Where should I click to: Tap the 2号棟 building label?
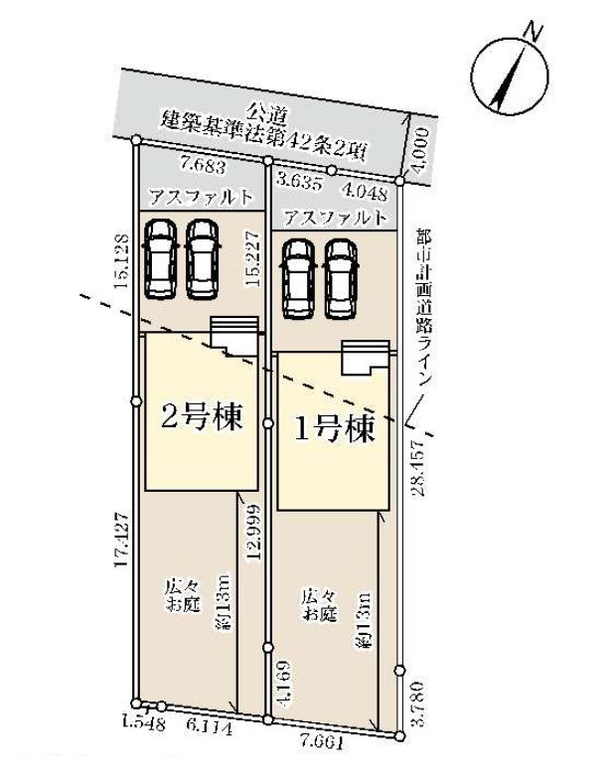[202, 416]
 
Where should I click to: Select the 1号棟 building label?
[335, 428]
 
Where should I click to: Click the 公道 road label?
[269, 113]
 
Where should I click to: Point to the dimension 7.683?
[204, 167]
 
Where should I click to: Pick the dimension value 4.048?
[365, 191]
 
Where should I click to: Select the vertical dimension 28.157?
[418, 468]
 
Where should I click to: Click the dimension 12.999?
[252, 534]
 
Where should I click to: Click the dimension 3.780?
[418, 704]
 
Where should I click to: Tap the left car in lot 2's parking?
[160, 259]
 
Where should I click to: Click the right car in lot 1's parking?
[341, 279]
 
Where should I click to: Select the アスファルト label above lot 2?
[202, 197]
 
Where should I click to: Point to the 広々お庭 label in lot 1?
[320, 604]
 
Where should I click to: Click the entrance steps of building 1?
[365, 358]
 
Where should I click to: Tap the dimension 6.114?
[209, 728]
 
